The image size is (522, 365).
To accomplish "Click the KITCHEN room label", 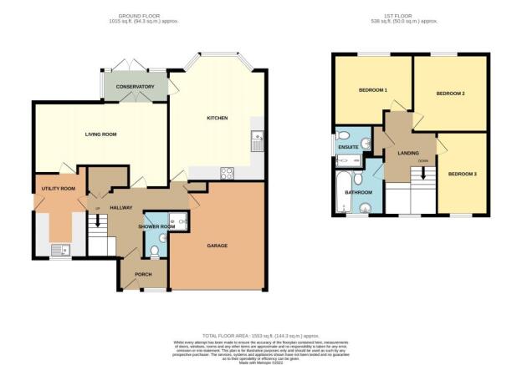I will (217, 118).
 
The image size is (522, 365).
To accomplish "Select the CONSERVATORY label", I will (135, 86).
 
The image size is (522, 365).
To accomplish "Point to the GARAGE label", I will (218, 245).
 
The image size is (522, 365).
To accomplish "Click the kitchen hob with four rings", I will (226, 173).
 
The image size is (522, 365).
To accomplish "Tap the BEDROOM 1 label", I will (372, 89).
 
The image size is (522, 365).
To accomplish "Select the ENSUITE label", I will (348, 148).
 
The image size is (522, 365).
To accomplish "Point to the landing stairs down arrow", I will (424, 170).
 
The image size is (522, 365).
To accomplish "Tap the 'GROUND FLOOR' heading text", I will (148, 18).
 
